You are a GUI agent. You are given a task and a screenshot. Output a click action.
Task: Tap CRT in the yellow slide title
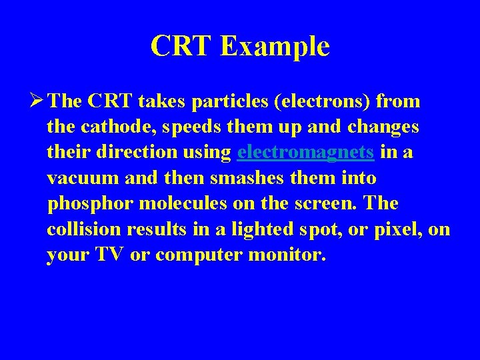coord(182,46)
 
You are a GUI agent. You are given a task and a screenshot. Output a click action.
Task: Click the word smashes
coord(241,178)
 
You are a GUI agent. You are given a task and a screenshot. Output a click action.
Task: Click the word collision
coord(82,229)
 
